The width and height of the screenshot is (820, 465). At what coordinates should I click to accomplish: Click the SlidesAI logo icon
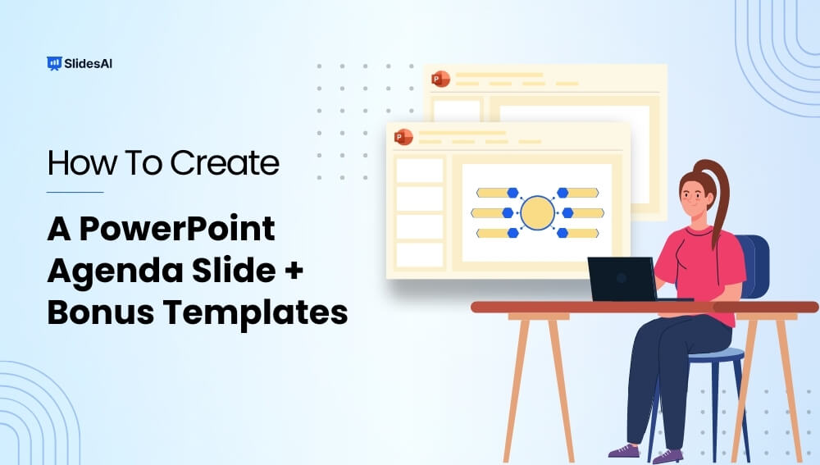tap(54, 62)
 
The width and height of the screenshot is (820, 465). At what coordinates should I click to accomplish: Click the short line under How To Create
tap(75, 193)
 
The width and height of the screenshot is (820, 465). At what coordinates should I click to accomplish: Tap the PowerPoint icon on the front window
tap(403, 137)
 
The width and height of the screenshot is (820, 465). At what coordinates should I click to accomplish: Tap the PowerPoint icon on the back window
tap(441, 79)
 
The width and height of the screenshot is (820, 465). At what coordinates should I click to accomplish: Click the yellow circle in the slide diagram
tap(538, 212)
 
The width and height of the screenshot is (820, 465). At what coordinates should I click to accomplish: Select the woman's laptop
tap(622, 280)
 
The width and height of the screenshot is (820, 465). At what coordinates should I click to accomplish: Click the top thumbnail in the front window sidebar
tap(420, 171)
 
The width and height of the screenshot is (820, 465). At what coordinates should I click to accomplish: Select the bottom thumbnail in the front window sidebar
tap(420, 254)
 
